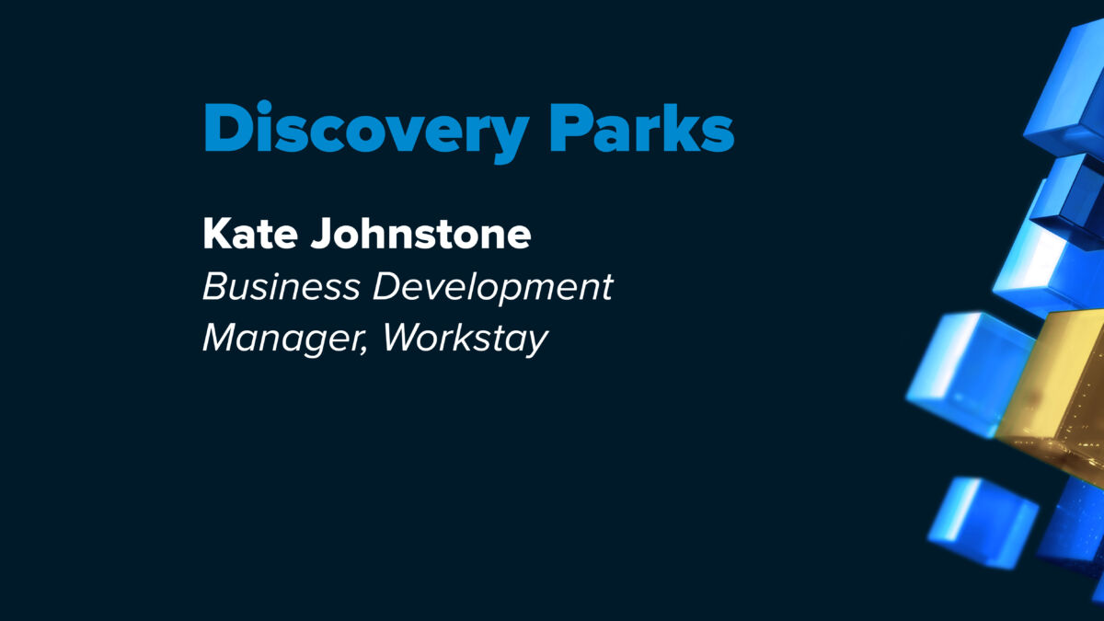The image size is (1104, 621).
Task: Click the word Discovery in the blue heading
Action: click(367, 131)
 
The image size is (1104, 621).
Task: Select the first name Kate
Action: click(250, 233)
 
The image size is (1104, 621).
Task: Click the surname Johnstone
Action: click(421, 233)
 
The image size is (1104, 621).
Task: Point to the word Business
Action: click(282, 286)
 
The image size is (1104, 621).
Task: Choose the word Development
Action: click(493, 289)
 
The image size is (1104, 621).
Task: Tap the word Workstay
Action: click(466, 339)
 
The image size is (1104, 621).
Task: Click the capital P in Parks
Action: click(569, 127)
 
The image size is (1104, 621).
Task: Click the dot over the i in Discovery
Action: click(264, 107)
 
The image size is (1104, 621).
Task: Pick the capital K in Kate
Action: click(217, 233)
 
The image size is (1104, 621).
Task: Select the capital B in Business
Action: click(213, 286)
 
